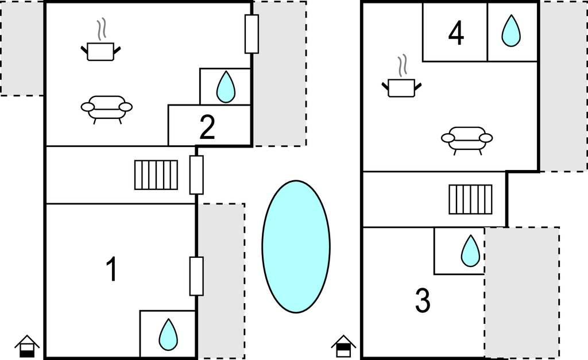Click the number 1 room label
[113, 270]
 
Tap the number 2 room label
[207, 127]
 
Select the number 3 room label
[423, 301]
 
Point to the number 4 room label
[456, 34]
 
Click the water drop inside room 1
[168, 334]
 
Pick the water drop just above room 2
[226, 87]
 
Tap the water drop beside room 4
[510, 31]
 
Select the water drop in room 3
[470, 251]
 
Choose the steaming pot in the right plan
[401, 81]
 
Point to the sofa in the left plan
[107, 108]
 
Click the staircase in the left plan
[156, 175]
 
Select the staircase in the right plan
[470, 199]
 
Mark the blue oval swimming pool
[296, 247]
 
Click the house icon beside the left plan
[27, 346]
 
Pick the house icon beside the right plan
[343, 346]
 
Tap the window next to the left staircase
[196, 175]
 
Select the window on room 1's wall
[196, 276]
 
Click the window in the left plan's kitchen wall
[252, 34]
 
